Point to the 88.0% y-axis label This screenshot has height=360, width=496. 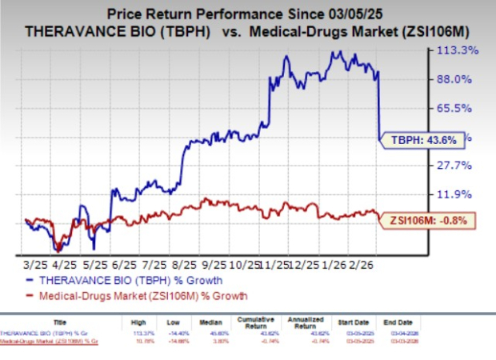pyautogui.click(x=461, y=79)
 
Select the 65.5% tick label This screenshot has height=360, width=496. pyautogui.click(x=461, y=108)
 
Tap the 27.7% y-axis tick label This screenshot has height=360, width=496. pyautogui.click(x=461, y=165)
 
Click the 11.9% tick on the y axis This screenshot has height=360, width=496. pyautogui.click(x=461, y=194)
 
